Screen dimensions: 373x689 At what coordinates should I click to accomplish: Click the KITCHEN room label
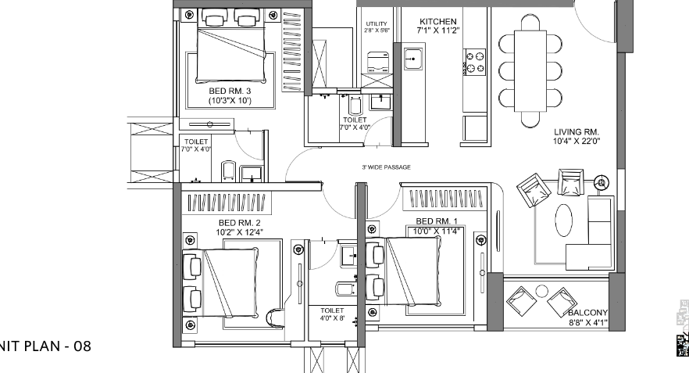click(437, 21)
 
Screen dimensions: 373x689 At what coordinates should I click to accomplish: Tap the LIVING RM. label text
click(576, 131)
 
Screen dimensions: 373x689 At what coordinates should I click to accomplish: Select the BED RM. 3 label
click(229, 91)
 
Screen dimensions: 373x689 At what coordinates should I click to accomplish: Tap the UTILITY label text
click(376, 24)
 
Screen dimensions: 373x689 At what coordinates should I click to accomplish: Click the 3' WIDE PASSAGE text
click(386, 167)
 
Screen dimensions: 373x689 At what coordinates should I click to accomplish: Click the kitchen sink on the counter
click(412, 57)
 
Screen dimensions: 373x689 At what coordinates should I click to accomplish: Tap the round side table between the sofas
click(602, 183)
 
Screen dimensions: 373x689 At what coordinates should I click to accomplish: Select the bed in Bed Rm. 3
click(234, 49)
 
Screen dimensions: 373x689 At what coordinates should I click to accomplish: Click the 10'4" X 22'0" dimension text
click(576, 141)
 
